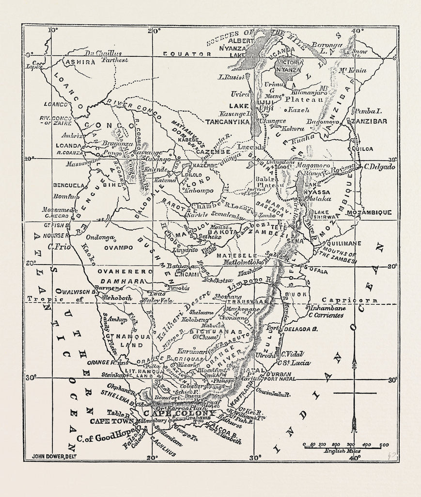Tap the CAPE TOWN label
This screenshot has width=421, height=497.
click(x=114, y=421)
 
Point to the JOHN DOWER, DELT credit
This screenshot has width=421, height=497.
click(x=53, y=456)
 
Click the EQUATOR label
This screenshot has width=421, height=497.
click(x=187, y=54)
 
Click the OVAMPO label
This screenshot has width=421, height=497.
click(x=116, y=247)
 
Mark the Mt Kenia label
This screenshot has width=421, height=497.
click(x=353, y=70)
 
